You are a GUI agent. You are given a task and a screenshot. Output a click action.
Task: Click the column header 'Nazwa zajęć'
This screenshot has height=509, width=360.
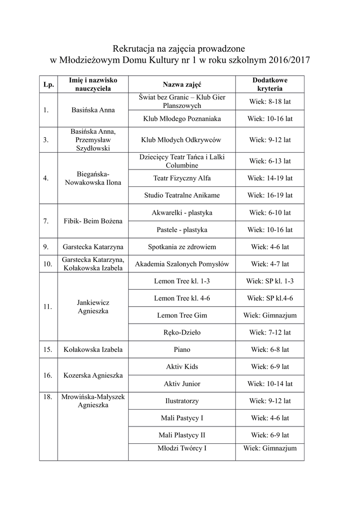(181, 85)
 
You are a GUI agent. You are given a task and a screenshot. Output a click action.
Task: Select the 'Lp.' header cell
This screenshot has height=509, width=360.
(48, 85)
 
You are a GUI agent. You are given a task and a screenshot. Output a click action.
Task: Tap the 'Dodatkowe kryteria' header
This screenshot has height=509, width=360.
(270, 85)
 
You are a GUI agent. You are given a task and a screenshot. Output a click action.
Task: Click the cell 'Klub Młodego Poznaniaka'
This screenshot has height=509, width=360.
(181, 119)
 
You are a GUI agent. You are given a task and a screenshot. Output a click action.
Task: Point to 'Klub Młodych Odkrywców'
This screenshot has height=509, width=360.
(181, 140)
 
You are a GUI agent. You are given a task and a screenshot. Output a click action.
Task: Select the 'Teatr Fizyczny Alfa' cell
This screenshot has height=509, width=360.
(181, 178)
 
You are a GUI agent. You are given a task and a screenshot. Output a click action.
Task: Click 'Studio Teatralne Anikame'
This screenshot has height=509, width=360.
(181, 195)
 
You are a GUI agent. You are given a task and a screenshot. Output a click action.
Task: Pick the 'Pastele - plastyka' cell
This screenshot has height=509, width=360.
(181, 230)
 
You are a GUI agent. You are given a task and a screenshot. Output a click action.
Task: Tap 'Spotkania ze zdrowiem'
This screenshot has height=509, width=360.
(181, 247)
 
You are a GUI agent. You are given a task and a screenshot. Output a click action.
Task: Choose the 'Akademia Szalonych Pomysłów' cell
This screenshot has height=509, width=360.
(181, 264)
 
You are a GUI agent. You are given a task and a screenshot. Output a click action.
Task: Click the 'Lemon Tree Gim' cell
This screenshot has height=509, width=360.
(181, 315)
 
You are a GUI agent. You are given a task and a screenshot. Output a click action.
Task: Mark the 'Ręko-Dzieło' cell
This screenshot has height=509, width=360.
(181, 332)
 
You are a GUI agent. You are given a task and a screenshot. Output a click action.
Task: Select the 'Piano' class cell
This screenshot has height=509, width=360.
(181, 349)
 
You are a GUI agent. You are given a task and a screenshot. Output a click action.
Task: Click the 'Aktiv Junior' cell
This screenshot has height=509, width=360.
(181, 384)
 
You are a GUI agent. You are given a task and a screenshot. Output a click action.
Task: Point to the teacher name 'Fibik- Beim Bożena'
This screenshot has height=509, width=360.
(93, 221)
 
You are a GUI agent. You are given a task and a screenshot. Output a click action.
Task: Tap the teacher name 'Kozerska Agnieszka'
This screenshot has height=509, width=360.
(93, 375)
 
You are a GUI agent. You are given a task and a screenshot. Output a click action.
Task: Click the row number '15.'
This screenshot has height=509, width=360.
(48, 349)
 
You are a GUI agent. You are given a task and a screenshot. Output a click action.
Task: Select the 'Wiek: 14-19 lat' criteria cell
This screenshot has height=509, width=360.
(270, 178)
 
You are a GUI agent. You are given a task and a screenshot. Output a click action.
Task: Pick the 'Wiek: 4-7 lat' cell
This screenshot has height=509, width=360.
(270, 264)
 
